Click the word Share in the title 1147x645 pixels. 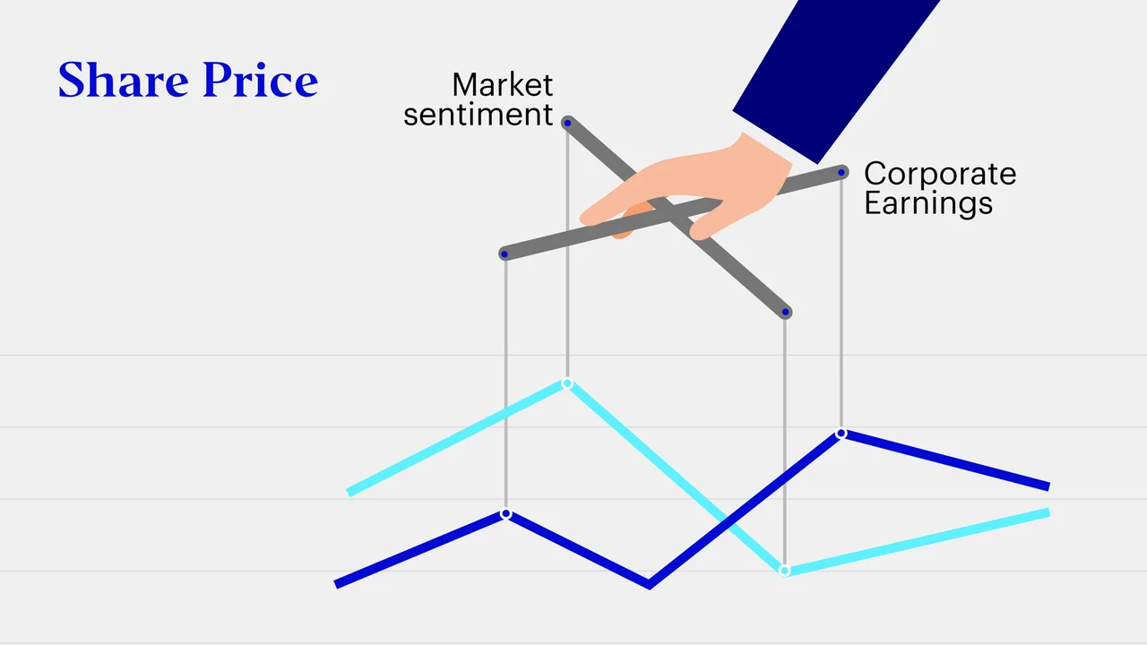click(x=124, y=80)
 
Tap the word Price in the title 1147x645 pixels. click(x=261, y=80)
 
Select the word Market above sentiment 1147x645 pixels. click(x=503, y=84)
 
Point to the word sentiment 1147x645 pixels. click(x=479, y=114)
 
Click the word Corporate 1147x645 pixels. click(x=940, y=174)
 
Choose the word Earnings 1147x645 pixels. click(x=928, y=203)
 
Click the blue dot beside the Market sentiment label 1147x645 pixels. click(x=567, y=123)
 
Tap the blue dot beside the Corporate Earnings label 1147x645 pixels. click(x=841, y=173)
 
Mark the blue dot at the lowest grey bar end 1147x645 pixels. click(x=786, y=312)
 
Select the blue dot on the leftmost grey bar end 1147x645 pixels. click(x=505, y=254)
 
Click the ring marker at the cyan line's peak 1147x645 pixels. click(x=567, y=383)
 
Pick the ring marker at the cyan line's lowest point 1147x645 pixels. click(x=784, y=571)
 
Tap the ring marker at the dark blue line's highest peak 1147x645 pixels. click(x=841, y=434)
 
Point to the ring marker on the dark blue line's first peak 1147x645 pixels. click(x=506, y=513)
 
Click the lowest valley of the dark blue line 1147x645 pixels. click(x=649, y=586)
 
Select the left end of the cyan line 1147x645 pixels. click(x=349, y=493)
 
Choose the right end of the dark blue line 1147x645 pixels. click(x=1048, y=486)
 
